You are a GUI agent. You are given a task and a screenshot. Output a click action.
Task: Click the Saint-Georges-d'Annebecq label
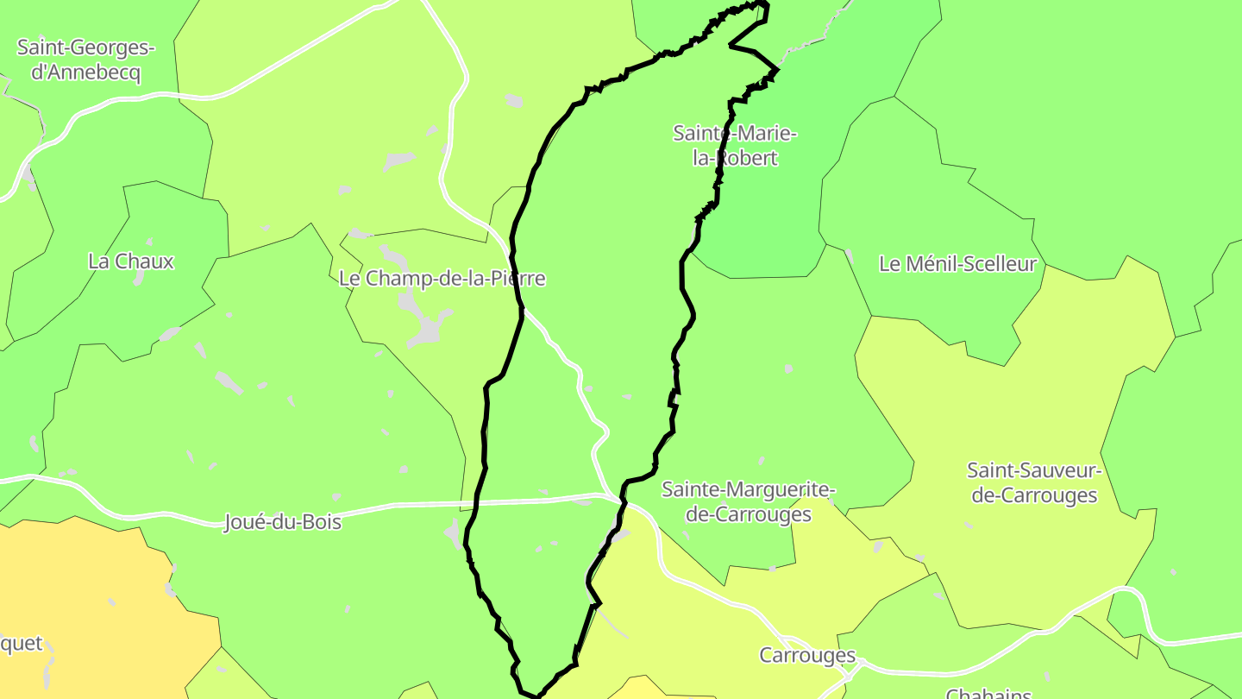85,60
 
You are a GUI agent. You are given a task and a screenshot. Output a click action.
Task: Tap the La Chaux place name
131,261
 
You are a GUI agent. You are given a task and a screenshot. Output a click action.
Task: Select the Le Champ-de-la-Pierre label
442,279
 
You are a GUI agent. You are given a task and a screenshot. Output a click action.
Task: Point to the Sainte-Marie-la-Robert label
735,146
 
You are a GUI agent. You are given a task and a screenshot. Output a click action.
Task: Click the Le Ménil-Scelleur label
957,264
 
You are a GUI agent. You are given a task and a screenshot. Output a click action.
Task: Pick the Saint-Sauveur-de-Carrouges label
1034,483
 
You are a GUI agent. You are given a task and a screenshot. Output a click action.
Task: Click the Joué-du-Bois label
283,522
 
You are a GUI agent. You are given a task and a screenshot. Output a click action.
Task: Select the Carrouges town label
807,656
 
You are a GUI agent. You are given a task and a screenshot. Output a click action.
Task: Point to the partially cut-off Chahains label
988,693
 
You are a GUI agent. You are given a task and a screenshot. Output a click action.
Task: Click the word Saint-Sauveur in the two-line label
1034,471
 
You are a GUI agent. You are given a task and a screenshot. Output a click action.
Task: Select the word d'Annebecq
85,72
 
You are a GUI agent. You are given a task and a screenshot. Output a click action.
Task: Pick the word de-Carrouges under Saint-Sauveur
1034,496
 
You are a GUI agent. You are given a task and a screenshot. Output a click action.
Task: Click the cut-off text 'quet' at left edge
21,644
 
